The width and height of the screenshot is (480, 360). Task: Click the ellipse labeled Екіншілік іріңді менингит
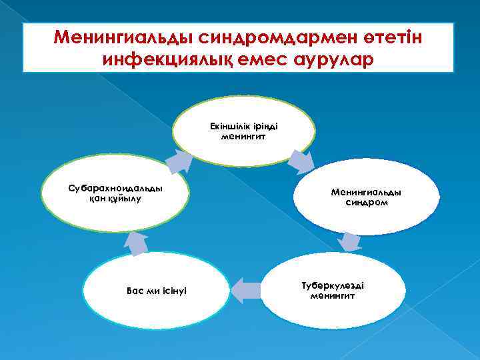(243, 131)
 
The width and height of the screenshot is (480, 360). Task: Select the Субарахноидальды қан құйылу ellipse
(115, 193)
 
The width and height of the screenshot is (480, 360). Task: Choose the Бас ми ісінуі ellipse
(156, 291)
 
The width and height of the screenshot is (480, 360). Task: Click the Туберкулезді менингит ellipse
(332, 290)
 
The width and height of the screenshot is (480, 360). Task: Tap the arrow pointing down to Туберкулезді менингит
(348, 241)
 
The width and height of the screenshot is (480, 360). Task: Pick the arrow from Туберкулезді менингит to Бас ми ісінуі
(246, 289)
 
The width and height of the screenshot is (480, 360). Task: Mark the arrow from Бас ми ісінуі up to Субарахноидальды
(137, 243)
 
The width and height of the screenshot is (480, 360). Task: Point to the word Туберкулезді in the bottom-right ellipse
(332, 285)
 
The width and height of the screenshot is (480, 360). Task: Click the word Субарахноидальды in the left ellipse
(115, 188)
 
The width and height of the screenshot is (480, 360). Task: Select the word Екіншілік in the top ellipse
(227, 126)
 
